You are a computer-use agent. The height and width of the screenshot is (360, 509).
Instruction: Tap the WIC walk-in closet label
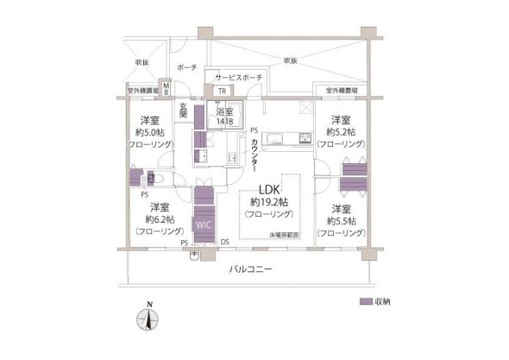pyautogui.click(x=203, y=224)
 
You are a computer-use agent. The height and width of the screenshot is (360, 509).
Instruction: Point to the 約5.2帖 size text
pyautogui.click(x=340, y=133)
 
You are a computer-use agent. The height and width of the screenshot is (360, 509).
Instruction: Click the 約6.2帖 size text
pyautogui.click(x=158, y=219)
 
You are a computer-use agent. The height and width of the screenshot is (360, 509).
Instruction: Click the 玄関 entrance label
pyautogui.click(x=183, y=110)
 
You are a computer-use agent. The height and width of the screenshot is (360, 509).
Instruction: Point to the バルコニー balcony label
pyautogui.click(x=251, y=270)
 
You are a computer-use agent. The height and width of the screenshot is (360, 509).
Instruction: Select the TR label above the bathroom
pyautogui.click(x=222, y=91)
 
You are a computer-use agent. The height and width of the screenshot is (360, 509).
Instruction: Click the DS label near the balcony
pyautogui.click(x=224, y=242)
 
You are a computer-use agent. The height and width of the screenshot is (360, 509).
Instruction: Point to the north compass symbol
pyautogui.click(x=149, y=319)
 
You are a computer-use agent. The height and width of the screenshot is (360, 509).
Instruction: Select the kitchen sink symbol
pyautogui.click(x=302, y=138)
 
